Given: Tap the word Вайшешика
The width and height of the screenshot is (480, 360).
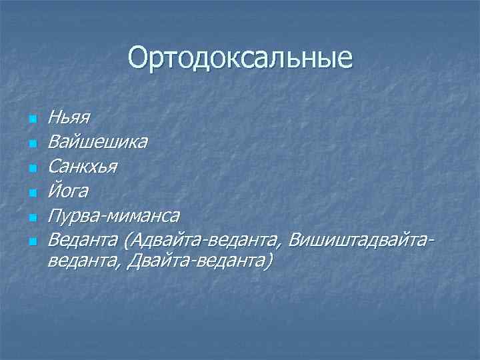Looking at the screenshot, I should click(98, 142).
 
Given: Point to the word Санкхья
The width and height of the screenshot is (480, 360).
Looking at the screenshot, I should click(83, 166).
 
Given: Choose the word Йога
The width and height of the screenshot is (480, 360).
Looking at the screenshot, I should click(68, 191).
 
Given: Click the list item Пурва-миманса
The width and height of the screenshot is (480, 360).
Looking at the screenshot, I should click(113, 215).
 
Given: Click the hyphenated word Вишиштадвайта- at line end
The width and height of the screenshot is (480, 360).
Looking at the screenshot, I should click(366, 239).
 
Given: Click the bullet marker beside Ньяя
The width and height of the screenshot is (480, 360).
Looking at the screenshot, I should click(31, 120).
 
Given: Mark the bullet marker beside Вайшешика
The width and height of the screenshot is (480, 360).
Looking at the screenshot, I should click(31, 144).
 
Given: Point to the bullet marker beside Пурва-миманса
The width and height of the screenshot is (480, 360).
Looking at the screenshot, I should click(31, 217).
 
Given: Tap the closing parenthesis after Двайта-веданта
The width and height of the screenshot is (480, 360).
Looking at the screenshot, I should click(268, 262).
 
